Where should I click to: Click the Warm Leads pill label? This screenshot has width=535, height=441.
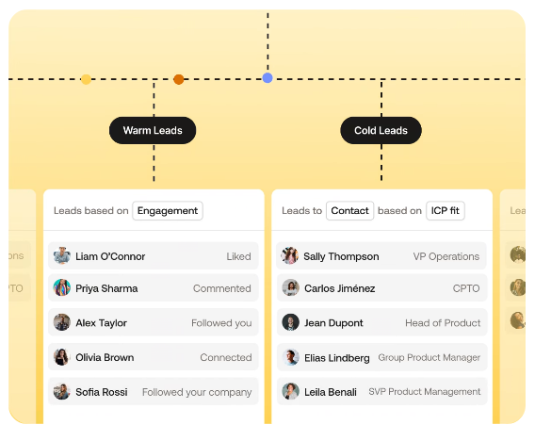click(x=153, y=130)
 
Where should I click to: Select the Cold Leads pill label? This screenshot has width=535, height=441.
click(x=381, y=130)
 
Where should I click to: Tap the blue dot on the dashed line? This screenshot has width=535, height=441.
click(x=267, y=78)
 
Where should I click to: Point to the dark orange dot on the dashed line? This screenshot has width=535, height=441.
click(x=178, y=79)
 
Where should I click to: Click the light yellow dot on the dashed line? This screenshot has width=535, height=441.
click(x=86, y=79)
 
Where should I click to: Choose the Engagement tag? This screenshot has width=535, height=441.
click(x=168, y=210)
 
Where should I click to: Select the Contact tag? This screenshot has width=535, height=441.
click(x=349, y=210)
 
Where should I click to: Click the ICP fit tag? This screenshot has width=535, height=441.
click(x=446, y=210)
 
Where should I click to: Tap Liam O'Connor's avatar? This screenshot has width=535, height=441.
click(x=62, y=255)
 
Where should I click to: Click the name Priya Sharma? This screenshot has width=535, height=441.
click(x=106, y=288)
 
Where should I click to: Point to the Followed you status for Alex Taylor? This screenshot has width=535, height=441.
click(x=221, y=323)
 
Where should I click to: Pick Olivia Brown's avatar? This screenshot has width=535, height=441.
click(x=62, y=357)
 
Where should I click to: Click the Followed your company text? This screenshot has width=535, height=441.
click(x=197, y=392)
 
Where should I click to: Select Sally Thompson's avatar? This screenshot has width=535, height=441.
click(x=290, y=255)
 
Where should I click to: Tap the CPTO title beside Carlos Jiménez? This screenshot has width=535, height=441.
click(x=466, y=288)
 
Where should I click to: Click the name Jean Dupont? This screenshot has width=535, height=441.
click(x=333, y=323)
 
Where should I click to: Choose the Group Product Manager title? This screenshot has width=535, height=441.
click(x=429, y=357)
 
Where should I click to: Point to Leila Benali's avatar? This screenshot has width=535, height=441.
click(x=290, y=391)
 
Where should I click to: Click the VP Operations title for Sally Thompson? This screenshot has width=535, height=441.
click(x=446, y=256)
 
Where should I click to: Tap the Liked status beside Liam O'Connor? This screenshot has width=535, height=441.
click(x=238, y=256)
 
